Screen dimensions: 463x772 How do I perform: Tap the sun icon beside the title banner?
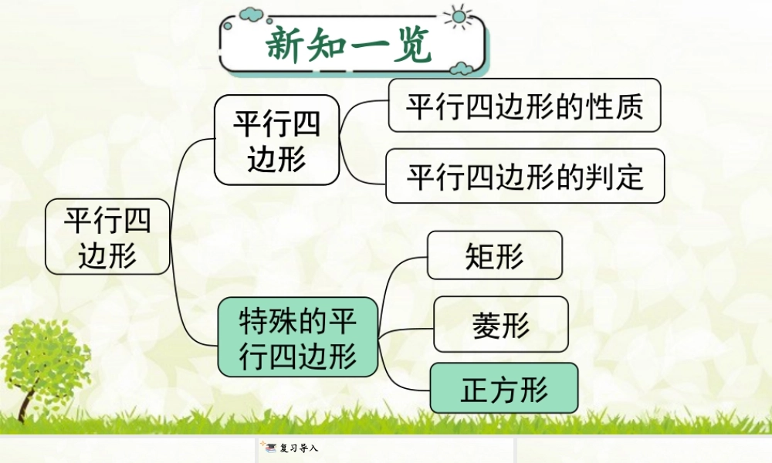(x=459, y=16)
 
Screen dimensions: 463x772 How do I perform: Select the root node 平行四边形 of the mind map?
(x=107, y=237)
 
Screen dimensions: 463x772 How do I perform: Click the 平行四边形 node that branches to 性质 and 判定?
(x=276, y=140)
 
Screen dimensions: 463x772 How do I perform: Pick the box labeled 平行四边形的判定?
(x=525, y=176)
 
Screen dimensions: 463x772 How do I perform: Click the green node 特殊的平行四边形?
(x=298, y=336)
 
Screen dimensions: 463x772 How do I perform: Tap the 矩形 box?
(x=494, y=255)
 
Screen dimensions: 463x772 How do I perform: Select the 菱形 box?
(x=500, y=324)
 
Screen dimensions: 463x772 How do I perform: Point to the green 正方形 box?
(x=503, y=388)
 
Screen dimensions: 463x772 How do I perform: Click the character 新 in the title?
(x=286, y=46)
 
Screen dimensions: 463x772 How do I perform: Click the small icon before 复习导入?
(x=269, y=447)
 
